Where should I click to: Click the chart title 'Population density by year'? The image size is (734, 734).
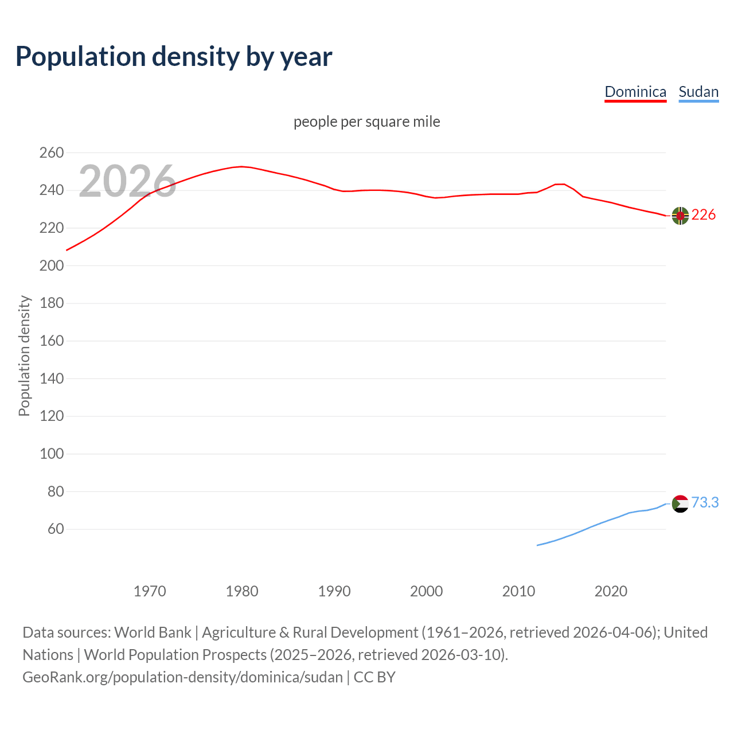(x=174, y=57)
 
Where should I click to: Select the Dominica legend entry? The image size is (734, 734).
(x=635, y=92)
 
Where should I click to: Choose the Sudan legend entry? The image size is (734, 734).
(x=698, y=92)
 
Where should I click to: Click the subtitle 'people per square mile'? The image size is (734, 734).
(x=367, y=122)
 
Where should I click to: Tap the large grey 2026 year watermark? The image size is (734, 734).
(x=127, y=181)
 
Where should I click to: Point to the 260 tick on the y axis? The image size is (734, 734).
(x=52, y=153)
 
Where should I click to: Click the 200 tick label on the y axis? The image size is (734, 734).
(x=52, y=266)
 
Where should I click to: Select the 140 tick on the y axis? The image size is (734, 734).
(x=52, y=378)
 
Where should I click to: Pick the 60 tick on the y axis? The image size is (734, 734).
(x=56, y=529)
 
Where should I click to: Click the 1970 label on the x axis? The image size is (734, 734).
(x=150, y=591)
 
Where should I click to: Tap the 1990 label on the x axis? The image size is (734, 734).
(x=334, y=591)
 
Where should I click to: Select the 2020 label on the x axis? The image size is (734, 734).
(x=611, y=591)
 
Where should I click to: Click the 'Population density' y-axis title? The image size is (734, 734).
(x=24, y=356)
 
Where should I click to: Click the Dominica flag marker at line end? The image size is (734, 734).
(x=680, y=216)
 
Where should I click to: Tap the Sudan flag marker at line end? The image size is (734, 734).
(x=680, y=503)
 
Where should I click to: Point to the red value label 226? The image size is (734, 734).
(x=704, y=215)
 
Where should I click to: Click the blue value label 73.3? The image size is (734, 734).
(x=705, y=503)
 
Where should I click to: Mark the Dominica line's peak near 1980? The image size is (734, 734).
(x=241, y=166)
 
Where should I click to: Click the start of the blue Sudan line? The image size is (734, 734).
(x=537, y=545)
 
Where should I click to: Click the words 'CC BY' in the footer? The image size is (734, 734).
(x=374, y=677)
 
